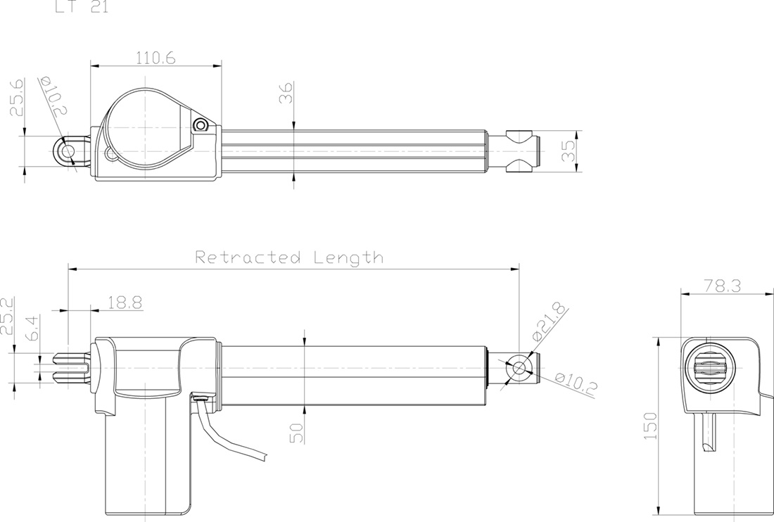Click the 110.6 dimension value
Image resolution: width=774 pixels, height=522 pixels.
coord(156,58)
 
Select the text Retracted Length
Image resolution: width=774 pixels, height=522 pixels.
coord(289,257)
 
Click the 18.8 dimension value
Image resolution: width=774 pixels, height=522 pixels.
coord(125,303)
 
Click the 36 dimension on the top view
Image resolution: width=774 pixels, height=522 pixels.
coord(286,93)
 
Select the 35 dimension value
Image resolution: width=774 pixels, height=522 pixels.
coord(569,150)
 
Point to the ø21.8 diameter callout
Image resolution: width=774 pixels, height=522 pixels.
coord(550,323)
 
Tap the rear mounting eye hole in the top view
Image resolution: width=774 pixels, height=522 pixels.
coord(68,150)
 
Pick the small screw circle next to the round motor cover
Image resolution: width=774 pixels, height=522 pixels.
coord(201,125)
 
